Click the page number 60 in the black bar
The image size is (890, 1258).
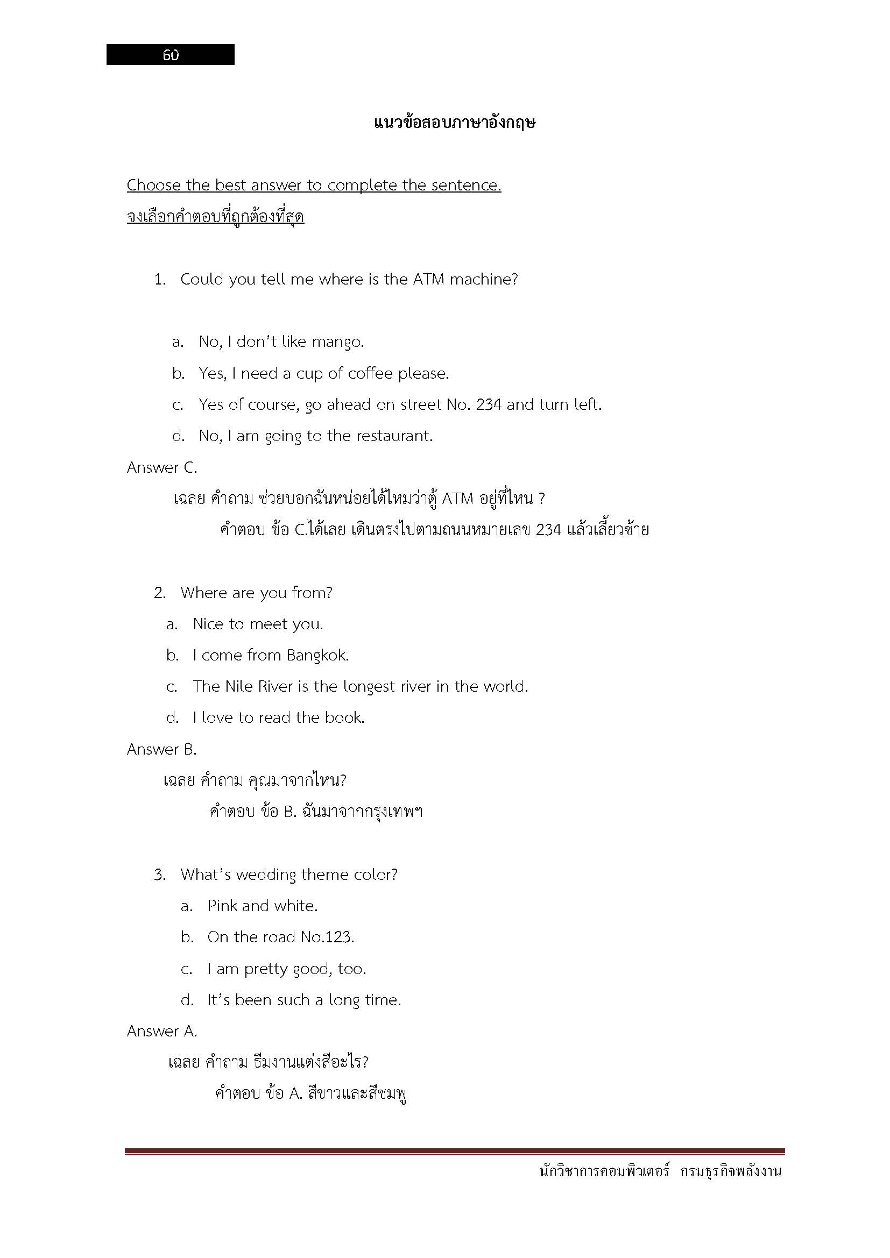pos(171,55)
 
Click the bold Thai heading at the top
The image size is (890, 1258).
pos(454,123)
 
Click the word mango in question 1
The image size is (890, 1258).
pos(337,343)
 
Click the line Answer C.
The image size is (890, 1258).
pos(161,467)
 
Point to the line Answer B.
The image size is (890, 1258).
pos(161,750)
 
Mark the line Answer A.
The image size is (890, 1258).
pos(161,1031)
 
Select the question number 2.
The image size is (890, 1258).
pos(159,593)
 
